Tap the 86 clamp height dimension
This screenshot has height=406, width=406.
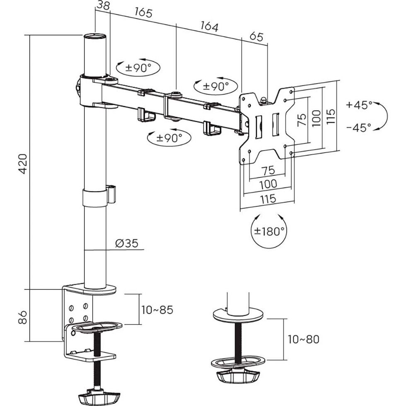pyautogui.click(x=23, y=318)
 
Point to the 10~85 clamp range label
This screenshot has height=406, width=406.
pyautogui.click(x=157, y=309)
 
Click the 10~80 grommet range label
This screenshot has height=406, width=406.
pyautogui.click(x=304, y=340)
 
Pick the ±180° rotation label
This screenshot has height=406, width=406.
pyautogui.click(x=269, y=231)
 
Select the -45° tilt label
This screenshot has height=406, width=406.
pyautogui.click(x=359, y=128)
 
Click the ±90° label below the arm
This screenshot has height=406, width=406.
pyautogui.click(x=169, y=138)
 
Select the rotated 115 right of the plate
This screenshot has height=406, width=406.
pyautogui.click(x=330, y=116)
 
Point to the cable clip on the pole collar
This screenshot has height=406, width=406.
pyautogui.click(x=111, y=194)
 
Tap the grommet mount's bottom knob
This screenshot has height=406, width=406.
pyautogui.click(x=237, y=376)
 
